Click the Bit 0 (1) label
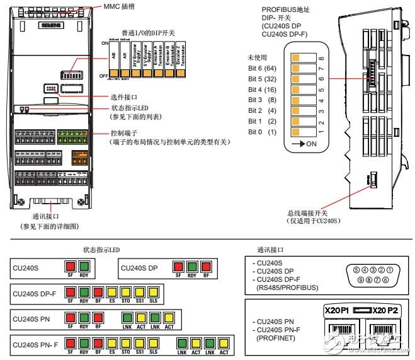coord(263,132)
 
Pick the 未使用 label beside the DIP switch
coord(258,57)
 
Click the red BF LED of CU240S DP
coord(207,266)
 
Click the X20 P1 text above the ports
coord(338,311)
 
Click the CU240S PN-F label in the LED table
coord(35,345)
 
